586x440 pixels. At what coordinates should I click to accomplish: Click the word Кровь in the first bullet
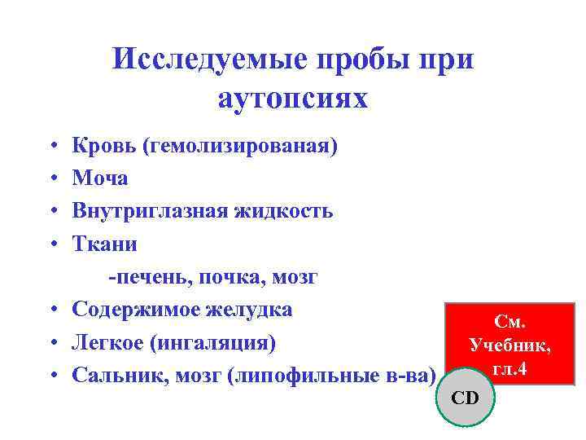coord(103,146)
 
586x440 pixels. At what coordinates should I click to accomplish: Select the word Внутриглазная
coord(150,210)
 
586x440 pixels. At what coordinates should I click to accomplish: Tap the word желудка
coord(251,309)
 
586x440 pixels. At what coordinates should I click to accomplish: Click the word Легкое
coord(108,341)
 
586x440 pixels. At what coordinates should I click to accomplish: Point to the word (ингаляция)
coord(214,341)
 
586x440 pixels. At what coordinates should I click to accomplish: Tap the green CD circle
coord(466,397)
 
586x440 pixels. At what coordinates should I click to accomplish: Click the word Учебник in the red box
coord(509,345)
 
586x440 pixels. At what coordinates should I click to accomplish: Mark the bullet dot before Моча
coord(51,178)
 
